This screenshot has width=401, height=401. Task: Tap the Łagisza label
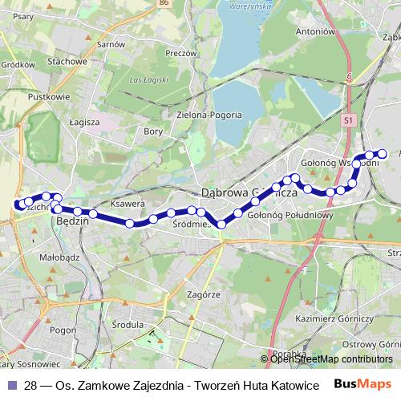83,122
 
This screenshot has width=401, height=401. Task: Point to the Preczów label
181,53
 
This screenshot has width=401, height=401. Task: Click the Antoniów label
314,32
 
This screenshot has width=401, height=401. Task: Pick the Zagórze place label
204,294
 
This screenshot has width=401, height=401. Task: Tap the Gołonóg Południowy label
290,214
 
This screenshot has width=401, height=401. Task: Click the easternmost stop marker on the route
383,153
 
